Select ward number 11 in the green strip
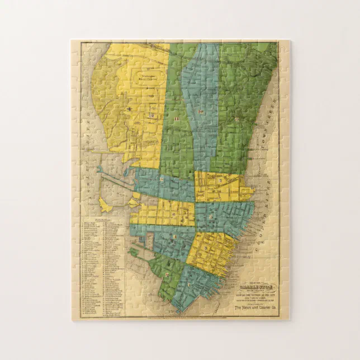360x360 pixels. point(176,119)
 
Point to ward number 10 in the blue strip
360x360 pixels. point(200,112)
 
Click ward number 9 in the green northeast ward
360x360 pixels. point(238,119)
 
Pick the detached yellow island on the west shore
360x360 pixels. point(105,203)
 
